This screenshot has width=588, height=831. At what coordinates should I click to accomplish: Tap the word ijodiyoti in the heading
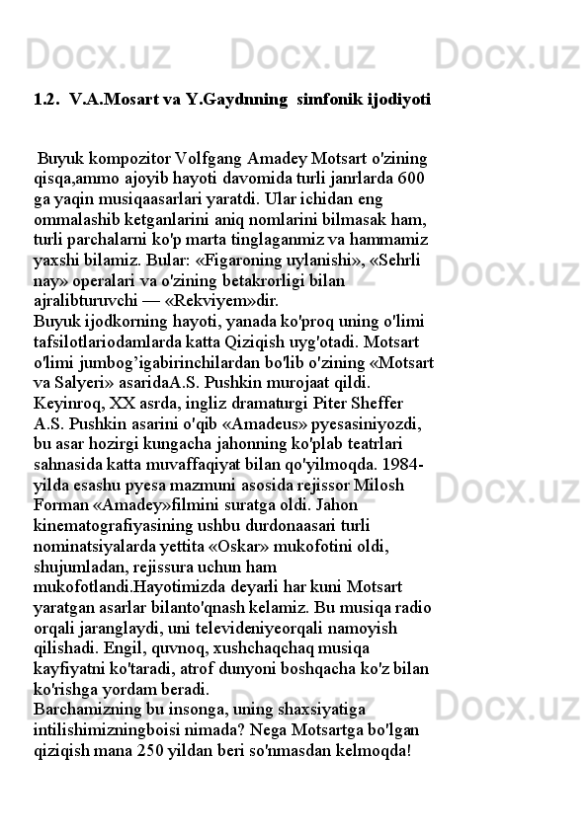click(397, 100)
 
